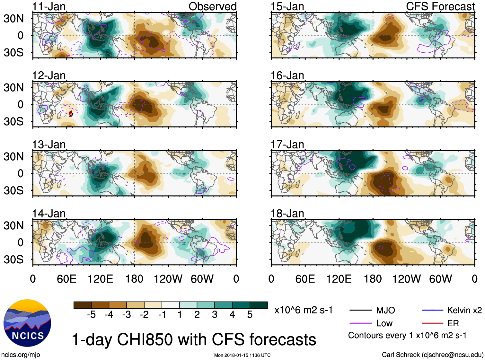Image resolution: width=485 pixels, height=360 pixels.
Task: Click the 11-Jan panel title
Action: click(49, 6)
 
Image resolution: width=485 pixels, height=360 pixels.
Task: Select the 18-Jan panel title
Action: click(287, 214)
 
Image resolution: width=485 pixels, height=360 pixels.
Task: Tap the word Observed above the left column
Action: click(212, 6)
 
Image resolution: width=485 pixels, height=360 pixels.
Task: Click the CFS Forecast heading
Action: click(440, 6)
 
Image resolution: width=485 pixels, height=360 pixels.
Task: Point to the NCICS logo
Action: click(27, 323)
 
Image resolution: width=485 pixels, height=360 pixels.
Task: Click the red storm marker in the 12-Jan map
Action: click(71, 113)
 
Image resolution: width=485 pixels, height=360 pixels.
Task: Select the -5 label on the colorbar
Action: click(91, 315)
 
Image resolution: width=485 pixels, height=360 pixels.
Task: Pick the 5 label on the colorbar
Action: click(250, 315)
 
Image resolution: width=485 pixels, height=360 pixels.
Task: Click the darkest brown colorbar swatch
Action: click(83, 305)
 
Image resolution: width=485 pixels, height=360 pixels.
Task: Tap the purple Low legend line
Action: click(360, 323)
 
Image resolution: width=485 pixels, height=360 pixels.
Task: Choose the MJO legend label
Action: click(385, 310)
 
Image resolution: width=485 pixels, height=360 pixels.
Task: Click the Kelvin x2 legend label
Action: click(464, 310)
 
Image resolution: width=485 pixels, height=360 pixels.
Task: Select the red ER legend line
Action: click(432, 323)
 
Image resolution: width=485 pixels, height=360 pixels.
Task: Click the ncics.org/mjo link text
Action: click(21, 355)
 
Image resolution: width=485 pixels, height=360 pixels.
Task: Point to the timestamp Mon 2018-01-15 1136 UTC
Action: click(242, 355)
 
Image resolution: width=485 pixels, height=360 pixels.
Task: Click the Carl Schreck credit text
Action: click(432, 355)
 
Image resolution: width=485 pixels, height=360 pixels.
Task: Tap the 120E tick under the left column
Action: click(100, 279)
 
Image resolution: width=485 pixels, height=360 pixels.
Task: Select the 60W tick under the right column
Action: click(440, 279)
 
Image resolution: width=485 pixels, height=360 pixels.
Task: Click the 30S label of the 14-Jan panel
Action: click(13, 259)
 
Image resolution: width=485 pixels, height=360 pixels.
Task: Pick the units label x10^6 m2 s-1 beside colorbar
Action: click(303, 310)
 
